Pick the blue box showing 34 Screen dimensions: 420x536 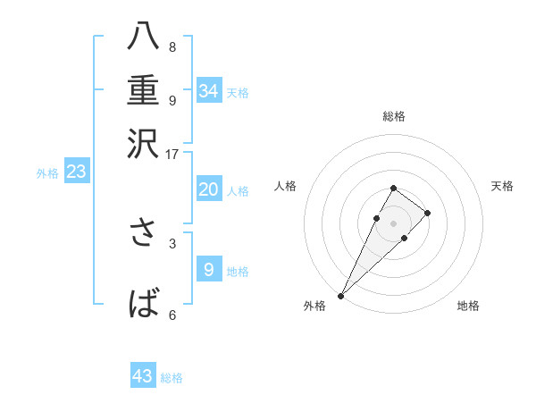[x=209, y=90]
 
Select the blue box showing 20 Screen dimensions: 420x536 [x=209, y=189]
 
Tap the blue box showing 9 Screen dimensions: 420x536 [x=209, y=269]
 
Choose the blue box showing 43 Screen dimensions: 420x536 [x=143, y=376]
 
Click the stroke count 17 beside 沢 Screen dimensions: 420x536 [x=172, y=153]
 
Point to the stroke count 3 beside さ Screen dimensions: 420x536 [x=172, y=242]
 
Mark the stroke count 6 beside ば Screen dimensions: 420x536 [x=172, y=315]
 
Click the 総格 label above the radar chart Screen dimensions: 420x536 [x=393, y=116]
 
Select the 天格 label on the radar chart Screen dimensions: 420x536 [x=503, y=186]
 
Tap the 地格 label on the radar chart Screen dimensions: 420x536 [x=468, y=306]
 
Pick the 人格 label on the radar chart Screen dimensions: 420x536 [x=285, y=186]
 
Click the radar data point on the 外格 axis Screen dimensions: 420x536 [x=340, y=295]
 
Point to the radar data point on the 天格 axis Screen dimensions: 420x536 [x=428, y=213]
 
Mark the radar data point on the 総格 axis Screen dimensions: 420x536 [x=393, y=188]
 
